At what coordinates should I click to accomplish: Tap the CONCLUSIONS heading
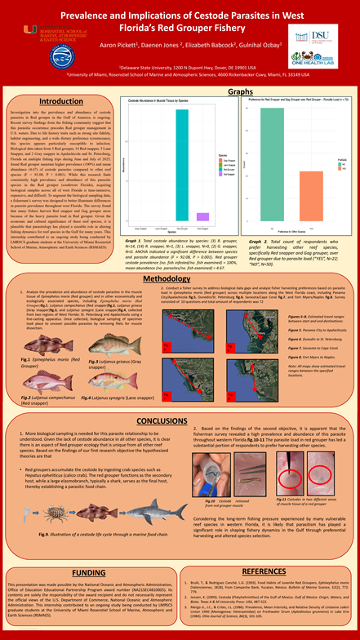coord(179,420)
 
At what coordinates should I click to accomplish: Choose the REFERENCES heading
coord(274,550)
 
